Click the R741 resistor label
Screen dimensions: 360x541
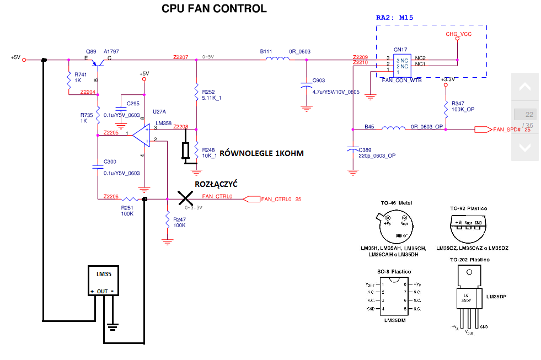(81, 74)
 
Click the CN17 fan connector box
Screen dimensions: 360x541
(400, 65)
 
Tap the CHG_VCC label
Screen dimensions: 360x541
(458, 35)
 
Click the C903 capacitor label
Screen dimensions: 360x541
(319, 80)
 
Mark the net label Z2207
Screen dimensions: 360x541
(180, 57)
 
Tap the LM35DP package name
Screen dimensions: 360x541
(496, 296)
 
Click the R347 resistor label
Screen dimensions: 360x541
(458, 104)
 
